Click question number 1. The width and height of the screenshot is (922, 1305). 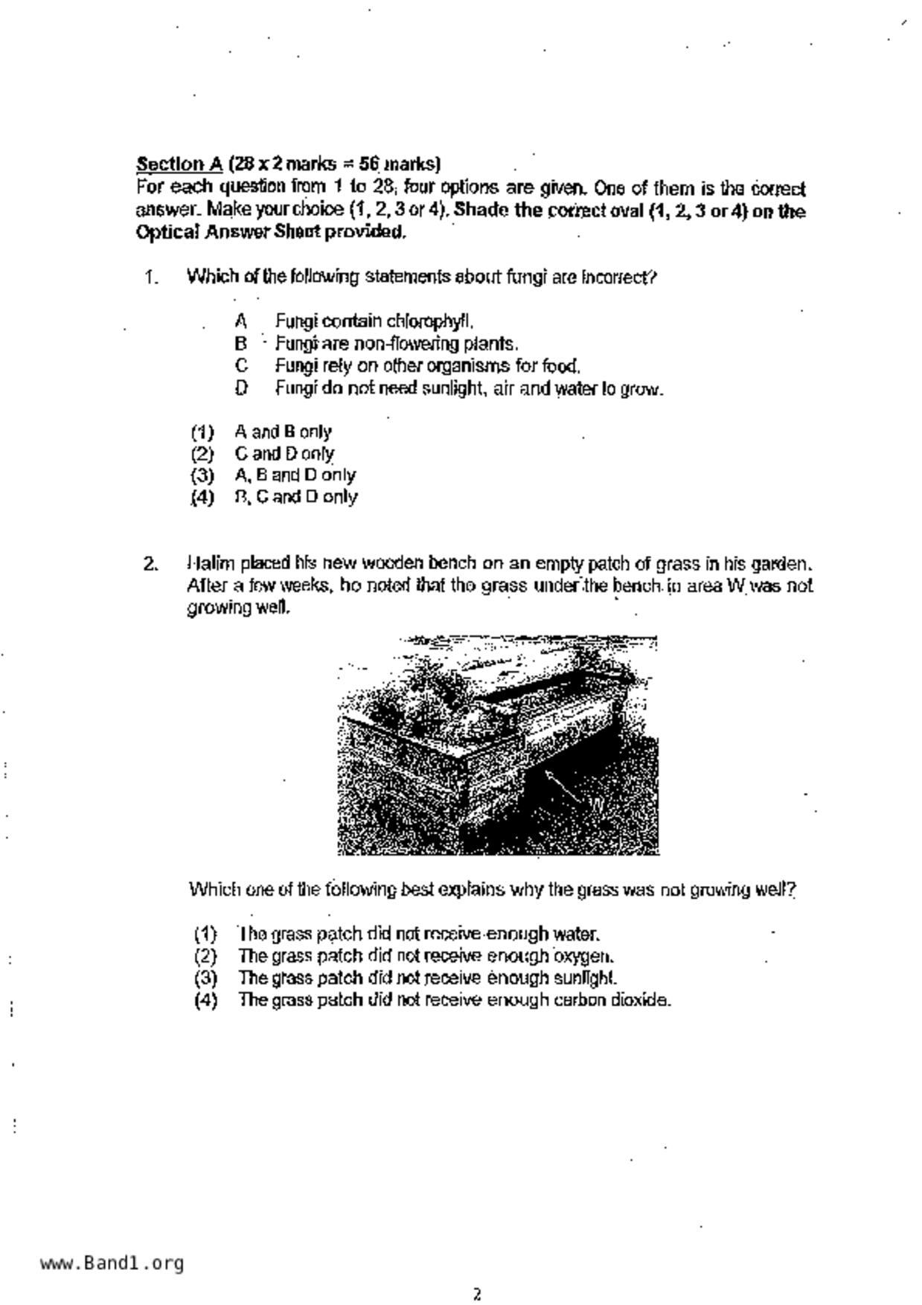pyautogui.click(x=151, y=278)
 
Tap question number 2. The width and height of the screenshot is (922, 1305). pyautogui.click(x=150, y=564)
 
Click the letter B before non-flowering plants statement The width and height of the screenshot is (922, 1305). pyautogui.click(x=240, y=344)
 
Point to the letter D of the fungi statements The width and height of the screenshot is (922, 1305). pyautogui.click(x=240, y=388)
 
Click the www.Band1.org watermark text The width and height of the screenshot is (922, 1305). pyautogui.click(x=112, y=1263)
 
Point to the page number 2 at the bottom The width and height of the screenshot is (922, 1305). pyautogui.click(x=477, y=1295)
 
